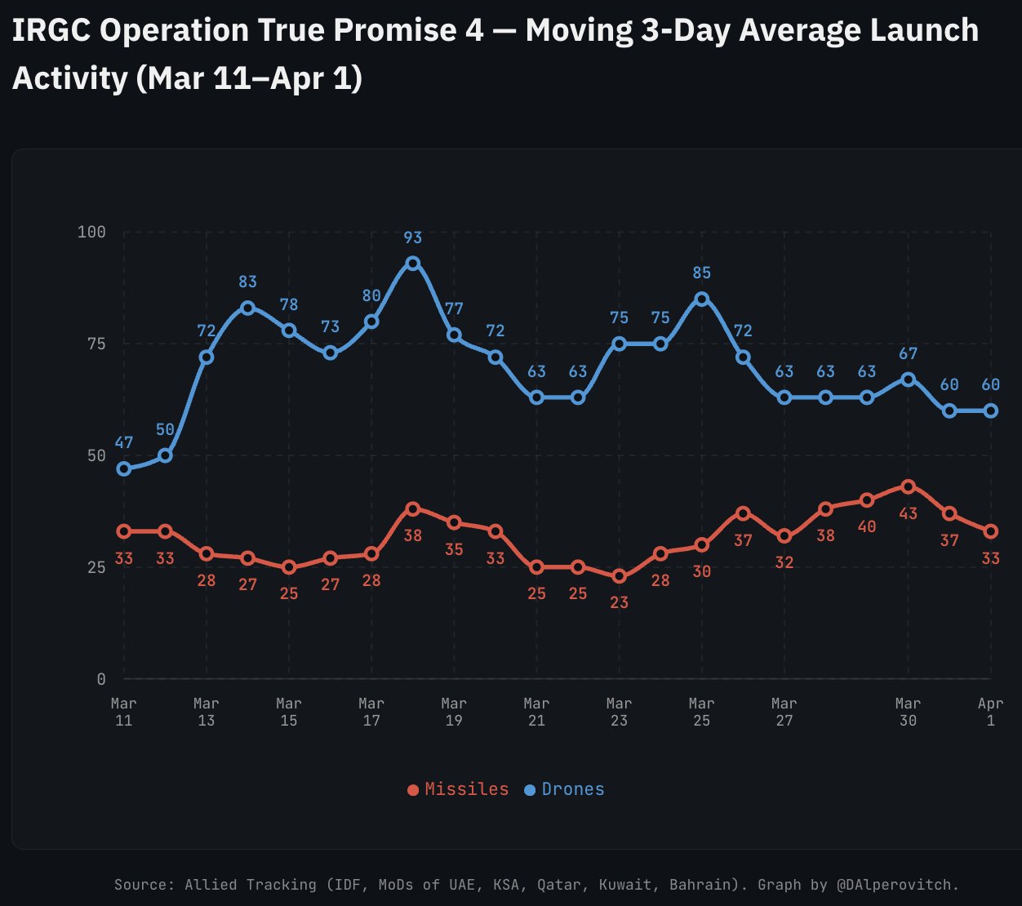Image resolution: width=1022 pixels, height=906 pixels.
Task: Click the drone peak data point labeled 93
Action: point(413,264)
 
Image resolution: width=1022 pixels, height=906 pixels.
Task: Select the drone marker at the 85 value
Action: point(702,299)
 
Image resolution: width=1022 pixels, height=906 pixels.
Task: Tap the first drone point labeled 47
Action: point(124,469)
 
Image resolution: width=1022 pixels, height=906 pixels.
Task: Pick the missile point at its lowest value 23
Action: point(620,576)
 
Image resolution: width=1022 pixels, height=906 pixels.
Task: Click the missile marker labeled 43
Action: point(908,486)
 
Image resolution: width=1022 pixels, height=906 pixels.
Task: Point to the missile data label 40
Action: point(867,527)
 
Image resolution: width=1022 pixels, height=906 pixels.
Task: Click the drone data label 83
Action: point(247,282)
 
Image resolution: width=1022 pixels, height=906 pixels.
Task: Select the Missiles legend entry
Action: point(458,789)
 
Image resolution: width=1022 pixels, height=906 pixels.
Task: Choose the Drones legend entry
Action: point(565,789)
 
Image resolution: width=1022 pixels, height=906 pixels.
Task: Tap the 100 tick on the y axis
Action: point(91,232)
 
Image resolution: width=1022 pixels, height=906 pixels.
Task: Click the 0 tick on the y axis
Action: point(101,679)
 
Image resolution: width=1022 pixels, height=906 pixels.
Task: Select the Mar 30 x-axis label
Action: point(908,712)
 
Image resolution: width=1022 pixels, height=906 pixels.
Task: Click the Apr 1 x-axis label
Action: point(990,712)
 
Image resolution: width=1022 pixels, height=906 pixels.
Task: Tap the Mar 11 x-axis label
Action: point(124,712)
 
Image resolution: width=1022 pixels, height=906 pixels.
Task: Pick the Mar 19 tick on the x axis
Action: point(454,712)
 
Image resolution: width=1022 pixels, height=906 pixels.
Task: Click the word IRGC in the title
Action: point(49,31)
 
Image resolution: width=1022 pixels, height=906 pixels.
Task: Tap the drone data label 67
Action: point(908,354)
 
